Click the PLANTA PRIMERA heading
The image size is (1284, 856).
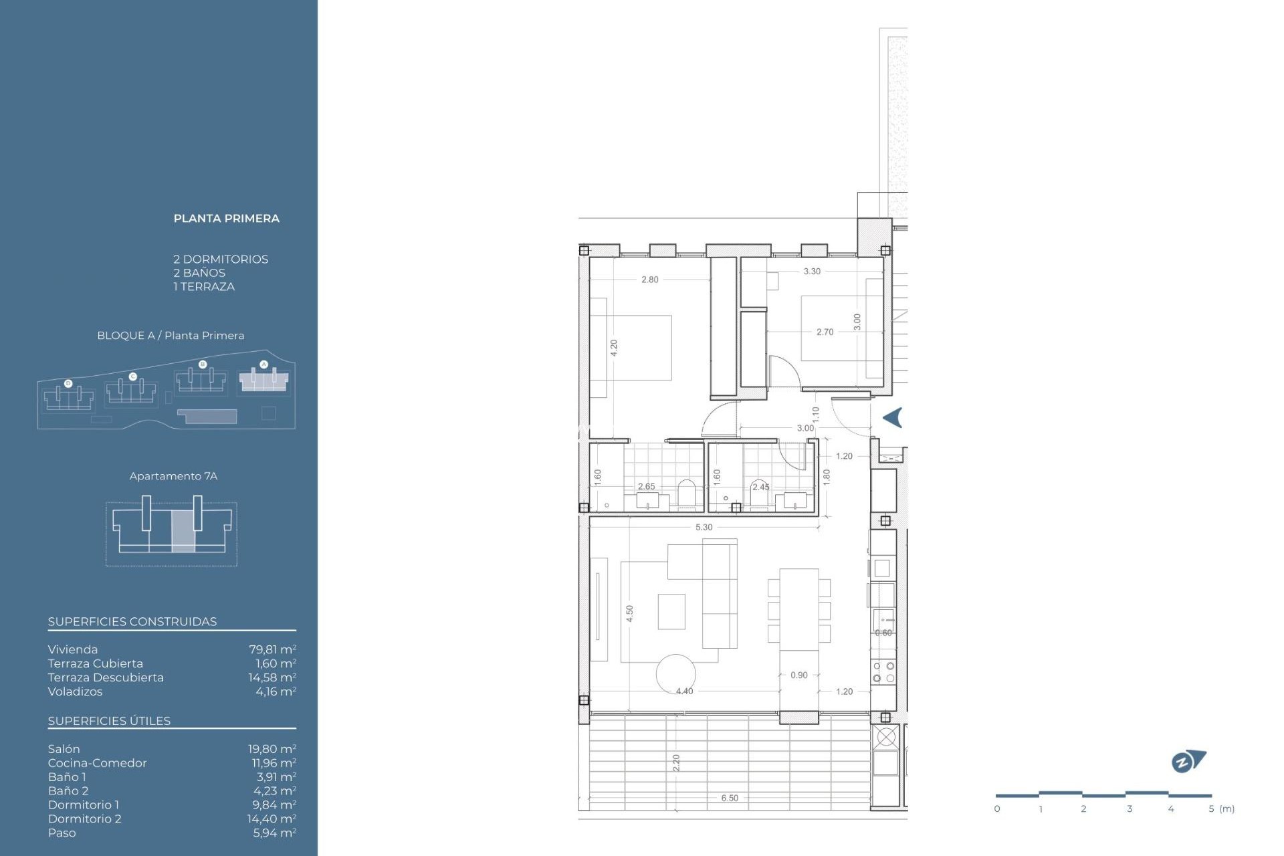[226, 219]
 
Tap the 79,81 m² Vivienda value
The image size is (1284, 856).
[272, 649]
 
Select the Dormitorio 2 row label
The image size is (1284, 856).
[84, 819]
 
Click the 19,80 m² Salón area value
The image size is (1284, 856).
[272, 749]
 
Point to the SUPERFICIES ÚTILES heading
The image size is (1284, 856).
[109, 721]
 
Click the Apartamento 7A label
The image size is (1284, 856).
[173, 476]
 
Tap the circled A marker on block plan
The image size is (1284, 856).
[263, 364]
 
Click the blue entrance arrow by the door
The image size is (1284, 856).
[893, 418]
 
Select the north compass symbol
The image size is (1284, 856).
[1188, 761]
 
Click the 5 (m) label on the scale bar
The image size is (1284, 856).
[1221, 809]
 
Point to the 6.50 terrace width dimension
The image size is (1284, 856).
[730, 798]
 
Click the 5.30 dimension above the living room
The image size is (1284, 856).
[704, 528]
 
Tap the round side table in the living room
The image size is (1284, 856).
[675, 673]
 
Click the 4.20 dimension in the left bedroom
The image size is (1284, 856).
[614, 348]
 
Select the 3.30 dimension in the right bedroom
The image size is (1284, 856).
[812, 272]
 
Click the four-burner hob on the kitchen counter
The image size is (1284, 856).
[883, 672]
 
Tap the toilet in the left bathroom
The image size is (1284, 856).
[687, 494]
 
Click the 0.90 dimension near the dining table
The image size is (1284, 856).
[798, 675]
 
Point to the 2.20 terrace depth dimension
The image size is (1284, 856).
[676, 762]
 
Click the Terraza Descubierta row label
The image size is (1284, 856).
[106, 677]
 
